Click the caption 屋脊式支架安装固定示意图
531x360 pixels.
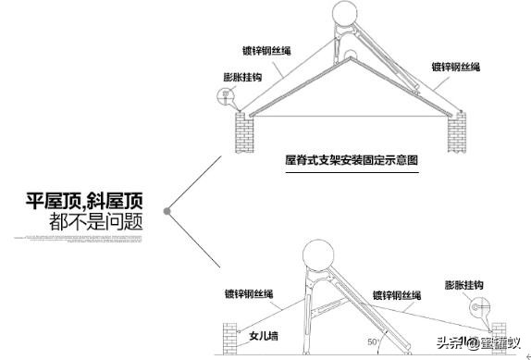point(352,159)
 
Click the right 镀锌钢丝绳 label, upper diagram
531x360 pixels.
point(455,67)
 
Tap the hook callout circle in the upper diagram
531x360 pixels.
point(225,95)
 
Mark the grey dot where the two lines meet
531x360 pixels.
point(167,211)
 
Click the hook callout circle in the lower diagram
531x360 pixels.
point(477,306)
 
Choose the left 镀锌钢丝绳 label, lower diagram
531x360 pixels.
point(248,294)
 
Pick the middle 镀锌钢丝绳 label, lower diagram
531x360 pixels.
point(397,295)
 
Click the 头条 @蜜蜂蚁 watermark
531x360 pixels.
point(477,343)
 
